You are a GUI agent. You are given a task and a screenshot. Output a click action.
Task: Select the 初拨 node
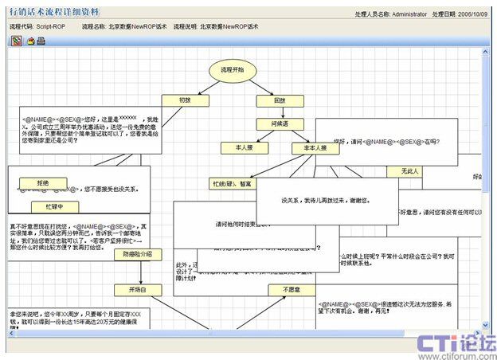(x=185, y=101)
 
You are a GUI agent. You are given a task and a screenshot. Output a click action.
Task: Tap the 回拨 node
(x=279, y=101)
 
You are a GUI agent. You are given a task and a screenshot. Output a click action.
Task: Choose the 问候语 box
(x=279, y=124)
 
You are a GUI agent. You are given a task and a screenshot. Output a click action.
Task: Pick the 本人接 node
(x=244, y=148)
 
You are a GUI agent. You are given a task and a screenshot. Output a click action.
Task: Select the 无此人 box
(x=410, y=171)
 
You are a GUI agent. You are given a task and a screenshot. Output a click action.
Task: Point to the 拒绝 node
(x=42, y=183)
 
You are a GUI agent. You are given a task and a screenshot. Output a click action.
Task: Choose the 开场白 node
(x=137, y=289)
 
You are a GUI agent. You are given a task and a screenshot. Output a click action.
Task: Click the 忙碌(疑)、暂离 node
(x=233, y=184)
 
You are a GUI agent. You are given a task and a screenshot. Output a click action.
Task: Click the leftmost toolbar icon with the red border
(x=15, y=41)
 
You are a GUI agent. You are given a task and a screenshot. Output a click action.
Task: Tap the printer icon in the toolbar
(x=41, y=41)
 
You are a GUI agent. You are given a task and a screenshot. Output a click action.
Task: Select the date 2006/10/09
(x=475, y=14)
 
